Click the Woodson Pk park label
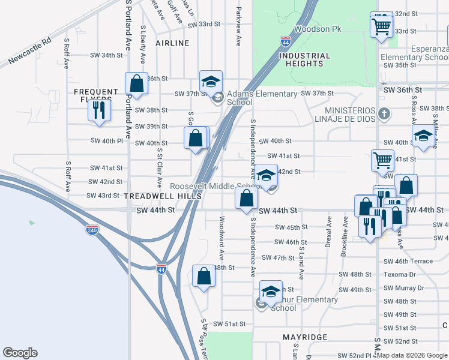(x=313, y=29)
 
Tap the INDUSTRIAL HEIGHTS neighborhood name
(x=304, y=59)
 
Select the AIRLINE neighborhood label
(x=172, y=43)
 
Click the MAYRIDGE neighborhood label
(x=306, y=337)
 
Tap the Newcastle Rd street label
(x=30, y=53)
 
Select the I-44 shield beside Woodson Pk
(x=285, y=41)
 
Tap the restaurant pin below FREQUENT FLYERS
(x=99, y=110)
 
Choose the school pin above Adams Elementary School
(x=211, y=81)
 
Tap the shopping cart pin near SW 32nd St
(x=381, y=26)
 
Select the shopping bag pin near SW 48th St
(x=203, y=276)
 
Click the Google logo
(x=20, y=353)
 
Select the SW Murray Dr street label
(x=403, y=287)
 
